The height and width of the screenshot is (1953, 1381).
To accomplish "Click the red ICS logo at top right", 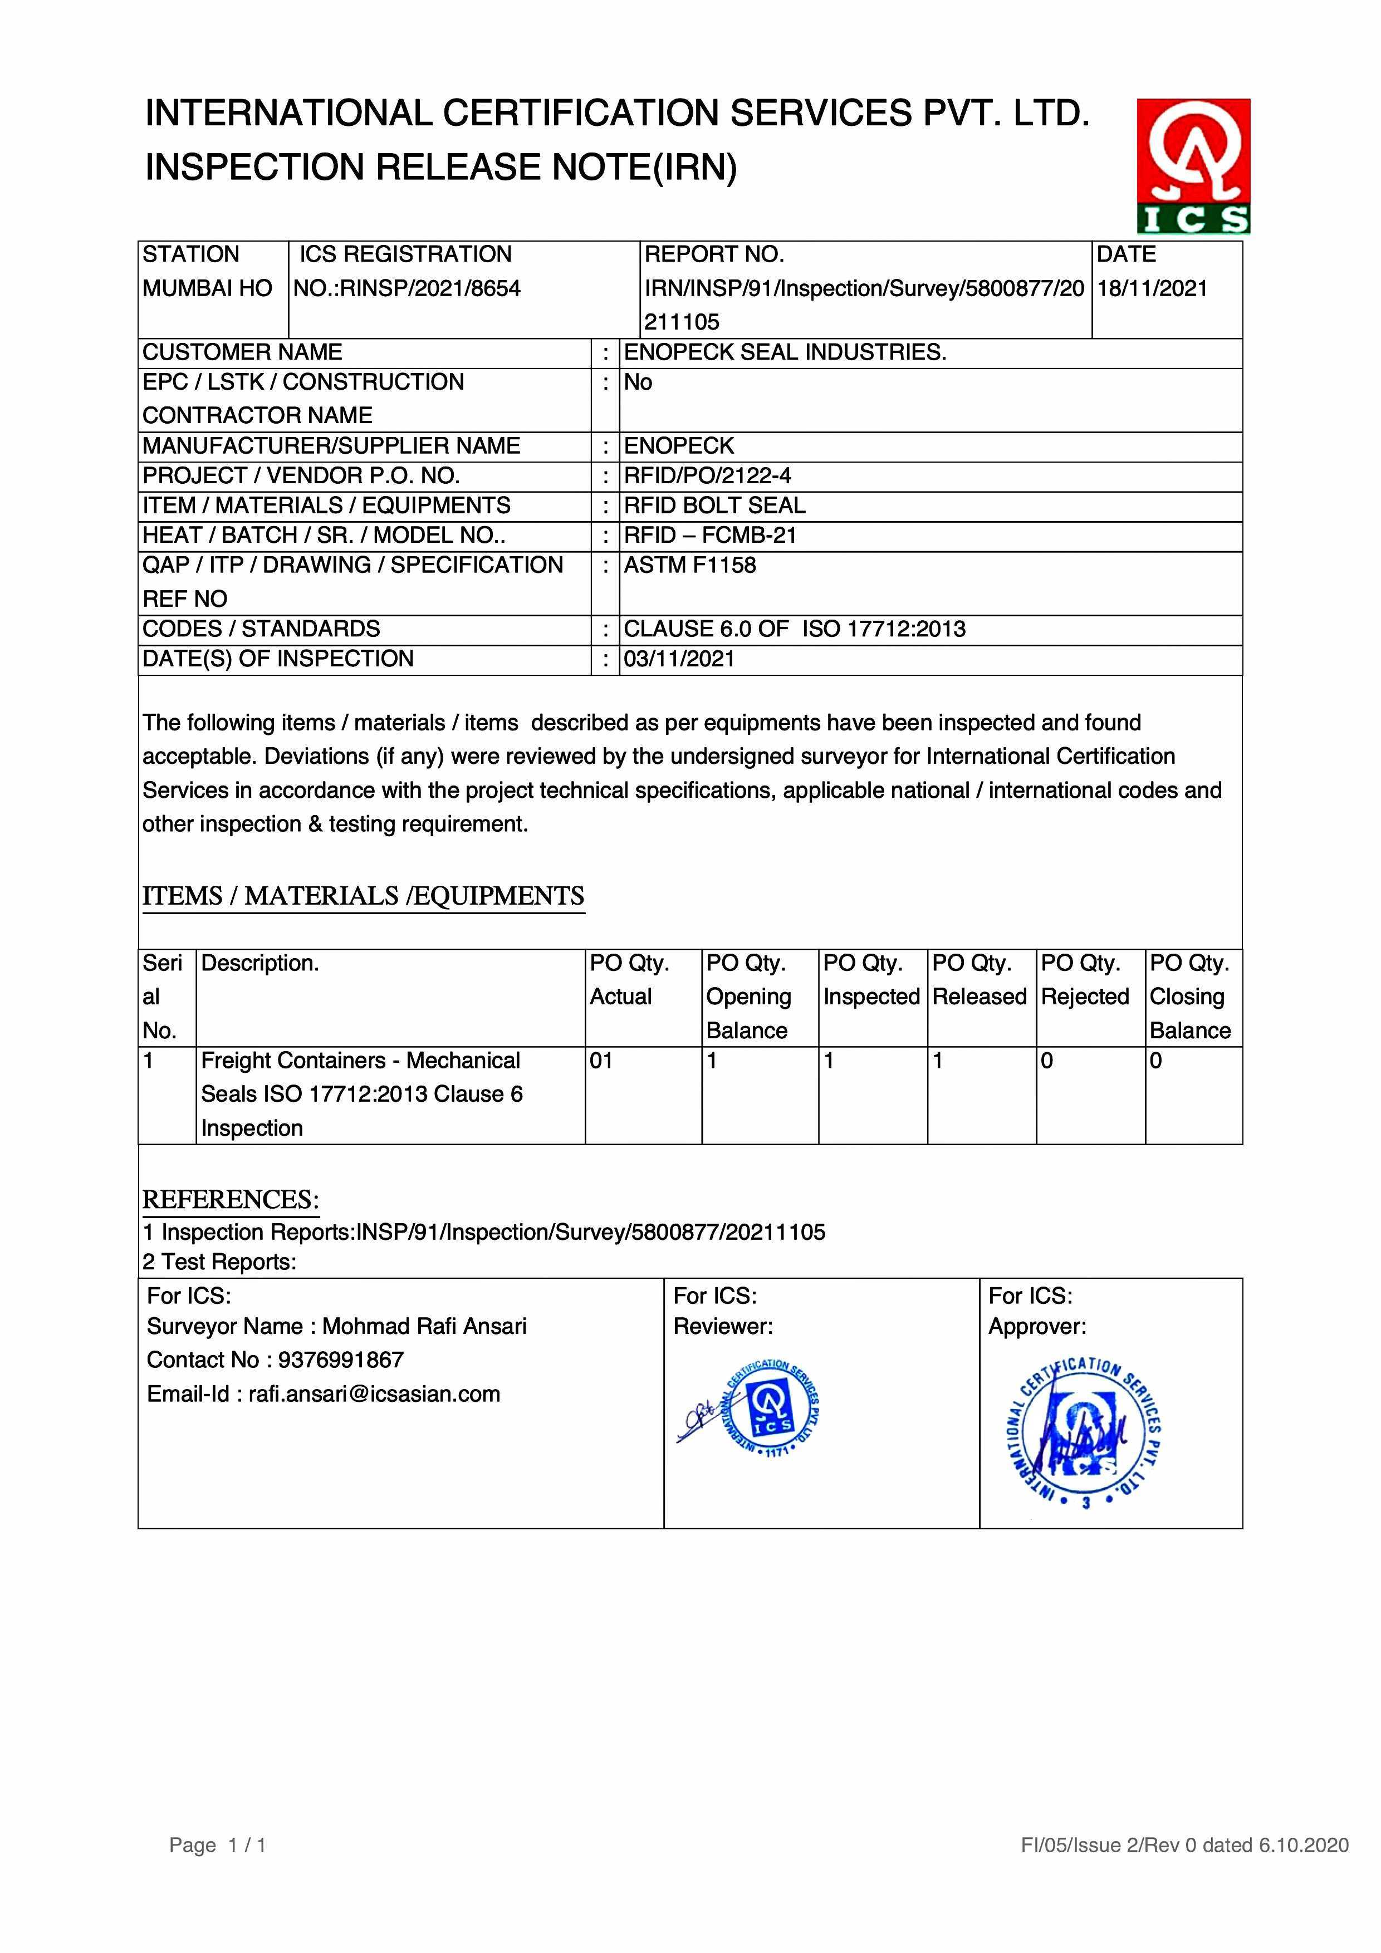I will tap(1193, 166).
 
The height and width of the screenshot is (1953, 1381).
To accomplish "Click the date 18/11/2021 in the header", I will tap(1152, 288).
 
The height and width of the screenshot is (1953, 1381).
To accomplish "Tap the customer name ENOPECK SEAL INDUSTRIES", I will tap(785, 352).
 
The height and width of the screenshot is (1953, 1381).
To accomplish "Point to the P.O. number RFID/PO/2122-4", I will tap(707, 475).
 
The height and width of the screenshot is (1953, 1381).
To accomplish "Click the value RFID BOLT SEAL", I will tap(714, 506).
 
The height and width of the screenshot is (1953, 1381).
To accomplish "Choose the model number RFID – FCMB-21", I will tap(709, 535).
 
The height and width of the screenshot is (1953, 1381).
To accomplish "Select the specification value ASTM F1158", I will tap(689, 565).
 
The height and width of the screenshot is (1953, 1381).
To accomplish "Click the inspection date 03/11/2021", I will tap(679, 659).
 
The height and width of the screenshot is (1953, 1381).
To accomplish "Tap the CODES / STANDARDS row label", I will tap(261, 629).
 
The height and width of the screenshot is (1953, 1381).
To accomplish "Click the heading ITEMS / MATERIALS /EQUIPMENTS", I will tap(363, 896).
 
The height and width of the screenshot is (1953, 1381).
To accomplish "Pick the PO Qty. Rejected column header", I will tap(1085, 980).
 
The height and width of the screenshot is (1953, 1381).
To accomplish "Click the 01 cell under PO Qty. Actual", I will tap(601, 1061).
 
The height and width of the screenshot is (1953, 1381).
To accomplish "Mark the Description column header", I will tap(259, 963).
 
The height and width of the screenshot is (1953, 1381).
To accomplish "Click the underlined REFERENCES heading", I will tap(231, 1199).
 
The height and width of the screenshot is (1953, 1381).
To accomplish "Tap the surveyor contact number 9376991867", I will tap(340, 1360).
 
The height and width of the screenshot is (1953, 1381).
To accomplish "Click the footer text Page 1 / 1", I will tap(218, 1845).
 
